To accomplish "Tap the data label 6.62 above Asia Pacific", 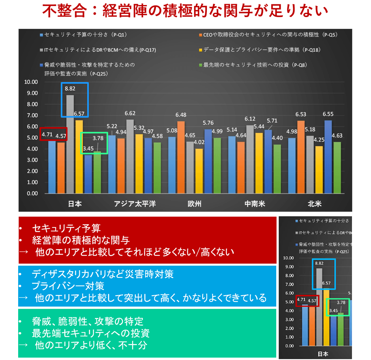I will pos(130,113).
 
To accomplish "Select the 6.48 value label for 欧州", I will pos(182,115).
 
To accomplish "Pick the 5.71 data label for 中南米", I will pos(271,121).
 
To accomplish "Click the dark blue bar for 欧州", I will pos(208,161).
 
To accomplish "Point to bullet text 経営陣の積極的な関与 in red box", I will pos(81,240).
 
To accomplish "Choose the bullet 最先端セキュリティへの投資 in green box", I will pos(91,333).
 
